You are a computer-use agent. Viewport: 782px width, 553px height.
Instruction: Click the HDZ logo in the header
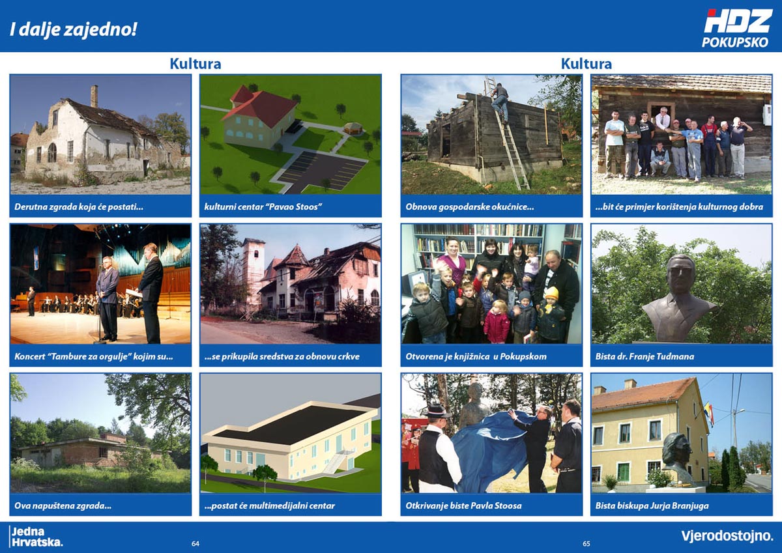[x=737, y=21]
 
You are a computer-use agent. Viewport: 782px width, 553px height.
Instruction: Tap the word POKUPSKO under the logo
[x=735, y=42]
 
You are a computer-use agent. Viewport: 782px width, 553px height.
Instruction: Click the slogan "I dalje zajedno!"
[x=73, y=29]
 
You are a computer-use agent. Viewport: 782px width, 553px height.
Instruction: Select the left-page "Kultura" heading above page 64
[x=195, y=64]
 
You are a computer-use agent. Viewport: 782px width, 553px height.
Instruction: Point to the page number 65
[x=586, y=543]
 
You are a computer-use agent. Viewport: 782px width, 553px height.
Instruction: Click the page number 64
[x=195, y=543]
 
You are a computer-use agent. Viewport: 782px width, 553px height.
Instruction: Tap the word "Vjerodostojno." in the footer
[x=727, y=536]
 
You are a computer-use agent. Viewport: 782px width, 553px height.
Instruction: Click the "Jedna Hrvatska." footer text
[x=37, y=537]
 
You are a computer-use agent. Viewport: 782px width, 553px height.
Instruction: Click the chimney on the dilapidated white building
[x=94, y=96]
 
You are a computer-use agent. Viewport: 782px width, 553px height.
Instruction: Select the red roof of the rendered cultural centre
[x=260, y=106]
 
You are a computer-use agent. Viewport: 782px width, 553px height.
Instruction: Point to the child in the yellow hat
[x=551, y=314]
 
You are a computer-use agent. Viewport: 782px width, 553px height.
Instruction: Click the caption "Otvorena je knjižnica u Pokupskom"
[x=476, y=356]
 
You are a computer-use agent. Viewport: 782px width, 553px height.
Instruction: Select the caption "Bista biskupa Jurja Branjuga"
[x=652, y=505]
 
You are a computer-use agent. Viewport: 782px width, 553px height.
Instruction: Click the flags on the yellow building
[x=710, y=414]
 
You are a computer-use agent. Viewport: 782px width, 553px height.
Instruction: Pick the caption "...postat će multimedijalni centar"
[x=270, y=505]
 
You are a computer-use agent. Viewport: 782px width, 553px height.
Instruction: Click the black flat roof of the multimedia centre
[x=291, y=425]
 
